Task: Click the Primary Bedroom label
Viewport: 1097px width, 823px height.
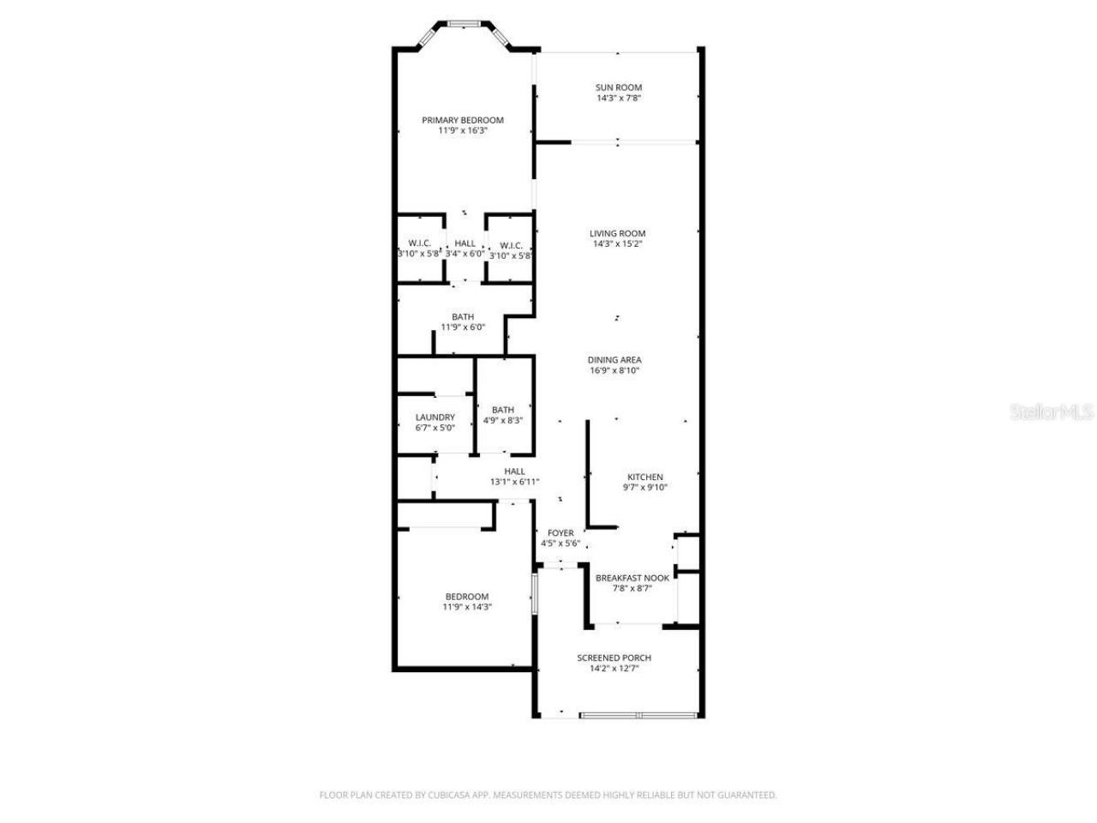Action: point(463,120)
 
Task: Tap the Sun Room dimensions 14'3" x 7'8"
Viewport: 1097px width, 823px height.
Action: point(619,99)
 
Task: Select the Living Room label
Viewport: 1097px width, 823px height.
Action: point(617,233)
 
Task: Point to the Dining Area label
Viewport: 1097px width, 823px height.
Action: point(614,360)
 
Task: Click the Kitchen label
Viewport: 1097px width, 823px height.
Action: point(645,478)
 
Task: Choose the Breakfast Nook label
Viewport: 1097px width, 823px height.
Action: point(632,578)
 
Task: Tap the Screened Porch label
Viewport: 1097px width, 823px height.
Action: point(614,658)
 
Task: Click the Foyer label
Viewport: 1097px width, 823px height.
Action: point(560,533)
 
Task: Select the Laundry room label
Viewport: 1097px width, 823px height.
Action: point(435,418)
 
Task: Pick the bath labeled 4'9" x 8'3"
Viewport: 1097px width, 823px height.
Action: point(503,415)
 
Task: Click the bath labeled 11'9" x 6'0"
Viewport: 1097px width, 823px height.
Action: point(463,321)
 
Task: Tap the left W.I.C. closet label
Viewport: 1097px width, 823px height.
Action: point(419,243)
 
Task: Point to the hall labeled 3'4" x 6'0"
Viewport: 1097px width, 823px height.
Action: point(465,249)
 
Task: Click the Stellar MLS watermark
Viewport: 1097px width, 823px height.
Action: point(1052,412)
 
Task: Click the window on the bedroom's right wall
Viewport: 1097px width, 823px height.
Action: point(533,593)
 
